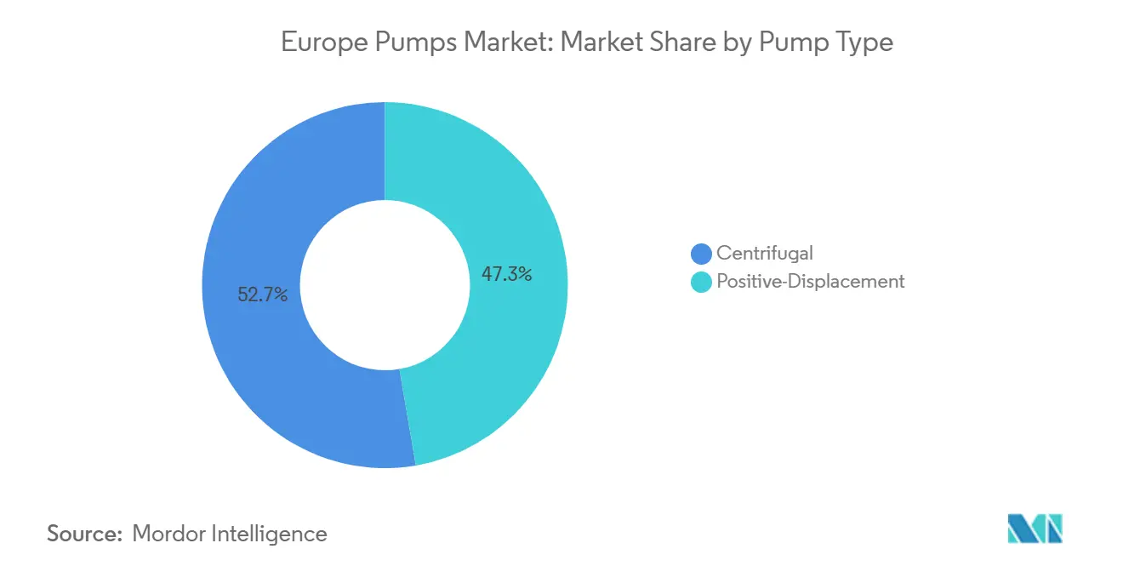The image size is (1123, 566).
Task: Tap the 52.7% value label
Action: (x=263, y=295)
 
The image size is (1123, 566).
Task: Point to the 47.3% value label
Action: (x=506, y=274)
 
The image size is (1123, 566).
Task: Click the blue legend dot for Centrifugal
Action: (x=702, y=253)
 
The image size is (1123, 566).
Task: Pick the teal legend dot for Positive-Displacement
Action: (x=702, y=282)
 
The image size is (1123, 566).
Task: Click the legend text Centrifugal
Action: (x=765, y=253)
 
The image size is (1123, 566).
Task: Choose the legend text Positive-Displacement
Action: (x=811, y=282)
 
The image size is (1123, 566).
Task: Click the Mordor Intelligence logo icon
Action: (x=1035, y=529)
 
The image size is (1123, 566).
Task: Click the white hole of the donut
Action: (x=385, y=285)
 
